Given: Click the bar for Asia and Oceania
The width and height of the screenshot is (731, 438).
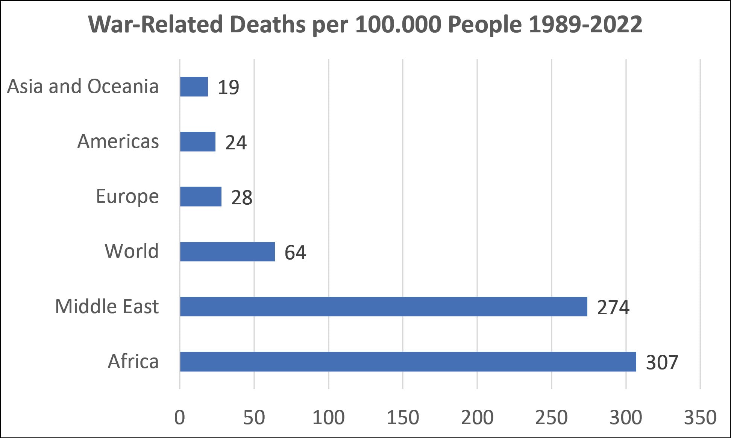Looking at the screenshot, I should tap(194, 87).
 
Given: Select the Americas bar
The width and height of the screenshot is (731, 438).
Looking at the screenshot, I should tap(198, 141).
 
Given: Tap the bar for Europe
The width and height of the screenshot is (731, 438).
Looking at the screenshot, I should tap(201, 196).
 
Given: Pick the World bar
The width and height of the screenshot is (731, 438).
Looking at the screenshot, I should tap(227, 251).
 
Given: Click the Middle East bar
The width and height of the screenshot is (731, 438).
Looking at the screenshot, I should tap(384, 306).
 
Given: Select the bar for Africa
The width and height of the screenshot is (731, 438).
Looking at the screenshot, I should tap(408, 362).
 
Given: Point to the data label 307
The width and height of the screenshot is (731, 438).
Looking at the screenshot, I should tap(662, 362).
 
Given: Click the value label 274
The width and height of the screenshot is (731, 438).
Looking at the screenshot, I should tap(613, 307).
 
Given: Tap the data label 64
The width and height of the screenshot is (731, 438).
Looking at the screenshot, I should tap(295, 252).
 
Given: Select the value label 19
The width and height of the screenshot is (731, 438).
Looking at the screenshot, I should tap(228, 88).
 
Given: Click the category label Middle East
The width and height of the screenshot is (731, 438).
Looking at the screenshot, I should tap(107, 306).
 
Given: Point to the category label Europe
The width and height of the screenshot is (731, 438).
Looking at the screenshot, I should tap(127, 196).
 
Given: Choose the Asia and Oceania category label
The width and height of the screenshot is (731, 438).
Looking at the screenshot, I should tap(83, 87).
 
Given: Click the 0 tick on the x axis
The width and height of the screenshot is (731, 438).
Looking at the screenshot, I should tap(180, 418).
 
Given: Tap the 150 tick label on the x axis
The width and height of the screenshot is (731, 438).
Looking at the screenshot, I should tap(403, 418).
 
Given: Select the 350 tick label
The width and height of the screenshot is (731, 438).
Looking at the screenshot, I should tap(700, 418).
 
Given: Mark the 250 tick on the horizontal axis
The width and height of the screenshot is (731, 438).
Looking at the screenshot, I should tap(551, 418).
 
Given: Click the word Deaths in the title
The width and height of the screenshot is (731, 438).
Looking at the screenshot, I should tap(267, 24).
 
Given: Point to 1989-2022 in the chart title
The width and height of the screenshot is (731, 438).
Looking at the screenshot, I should tap(585, 24).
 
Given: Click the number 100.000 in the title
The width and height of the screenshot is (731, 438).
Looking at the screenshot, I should tap(398, 24).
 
